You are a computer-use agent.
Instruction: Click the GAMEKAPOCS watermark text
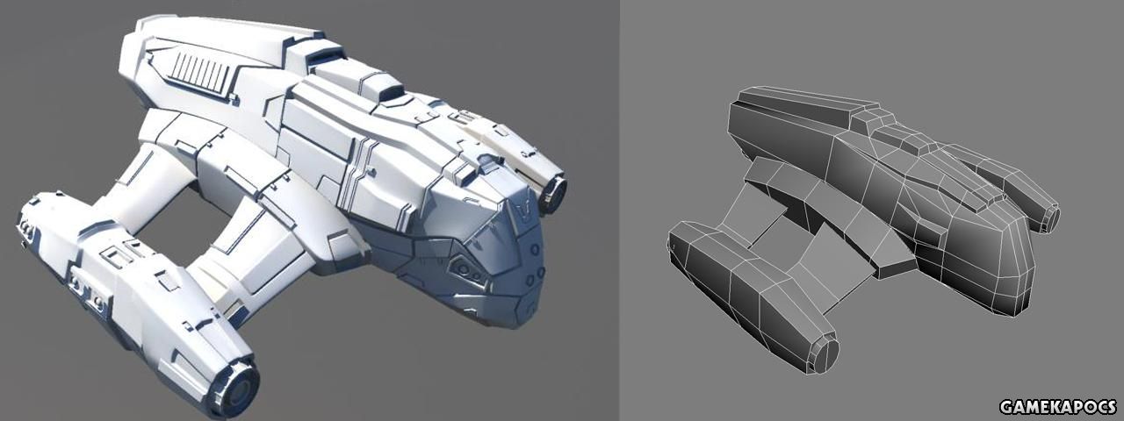pyautogui.click(x=1058, y=406)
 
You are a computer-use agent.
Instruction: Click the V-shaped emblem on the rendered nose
pyautogui.click(x=523, y=211)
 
